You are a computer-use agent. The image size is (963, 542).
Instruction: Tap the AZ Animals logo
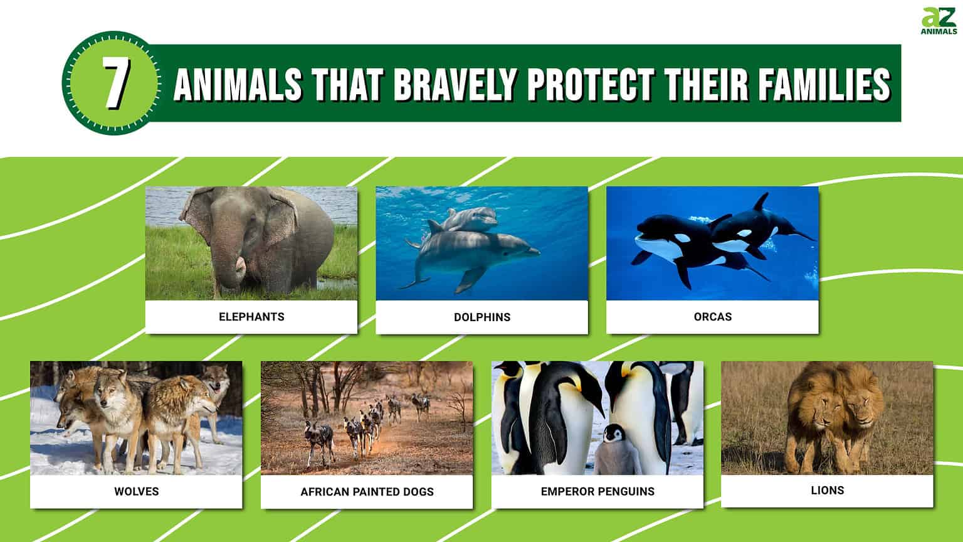(939, 21)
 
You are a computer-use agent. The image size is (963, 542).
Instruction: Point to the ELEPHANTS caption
(251, 317)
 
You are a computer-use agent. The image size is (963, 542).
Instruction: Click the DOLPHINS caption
(482, 317)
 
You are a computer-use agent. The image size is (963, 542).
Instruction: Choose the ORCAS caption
(712, 316)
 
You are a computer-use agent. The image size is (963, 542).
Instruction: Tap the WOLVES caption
(136, 491)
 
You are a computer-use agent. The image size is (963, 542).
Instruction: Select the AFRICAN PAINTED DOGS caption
(367, 491)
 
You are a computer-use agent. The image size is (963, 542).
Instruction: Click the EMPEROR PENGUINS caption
(597, 491)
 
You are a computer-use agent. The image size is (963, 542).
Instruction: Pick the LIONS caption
(827, 490)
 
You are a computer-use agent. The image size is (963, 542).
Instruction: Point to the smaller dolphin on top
(467, 219)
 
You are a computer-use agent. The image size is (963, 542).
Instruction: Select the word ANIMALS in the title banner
(238, 85)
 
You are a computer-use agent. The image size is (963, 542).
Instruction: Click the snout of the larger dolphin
(533, 252)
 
